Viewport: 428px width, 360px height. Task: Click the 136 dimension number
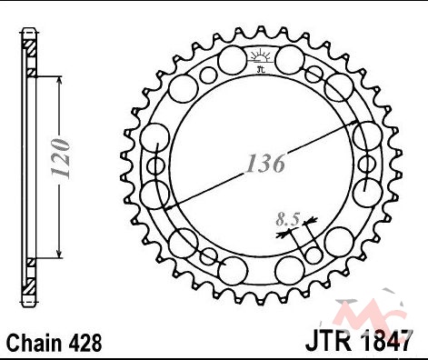pyautogui.click(x=265, y=164)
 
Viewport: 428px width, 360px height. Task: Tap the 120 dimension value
pyautogui.click(x=61, y=158)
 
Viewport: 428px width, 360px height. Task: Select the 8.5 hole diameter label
pyautogui.click(x=287, y=219)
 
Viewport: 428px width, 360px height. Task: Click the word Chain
pyautogui.click(x=34, y=343)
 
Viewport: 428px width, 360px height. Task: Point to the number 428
pyautogui.click(x=85, y=343)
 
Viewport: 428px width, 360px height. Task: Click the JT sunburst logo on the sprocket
pyautogui.click(x=261, y=61)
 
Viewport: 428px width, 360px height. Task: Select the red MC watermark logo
pyautogui.click(x=370, y=314)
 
